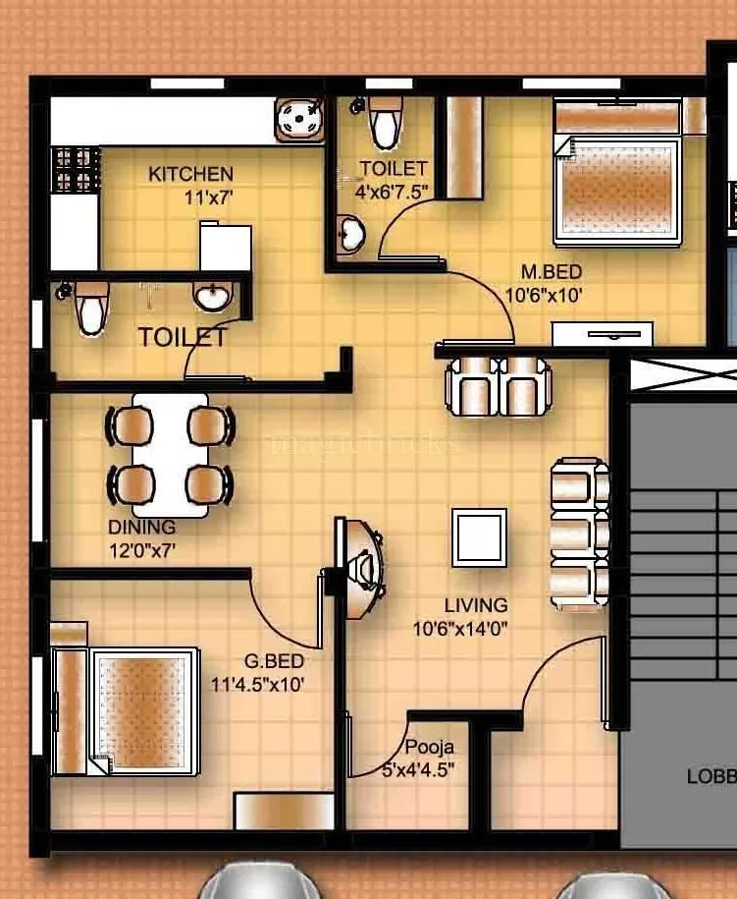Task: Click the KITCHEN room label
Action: pos(190,174)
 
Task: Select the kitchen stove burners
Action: pos(76,169)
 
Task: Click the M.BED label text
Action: pos(551,271)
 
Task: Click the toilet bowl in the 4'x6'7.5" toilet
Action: pos(384,124)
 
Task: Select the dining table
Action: pos(170,454)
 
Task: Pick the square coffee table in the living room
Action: pos(479,537)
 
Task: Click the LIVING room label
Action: pos(475,605)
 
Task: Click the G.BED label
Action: pos(276,661)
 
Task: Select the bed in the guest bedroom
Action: pos(145,709)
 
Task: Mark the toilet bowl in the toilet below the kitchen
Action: pos(90,309)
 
